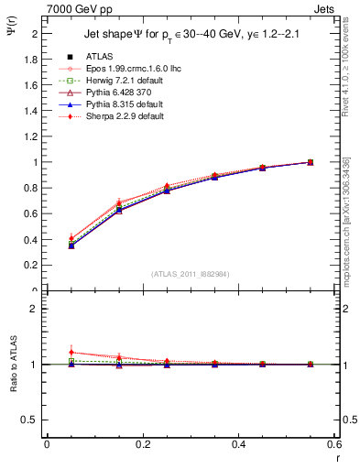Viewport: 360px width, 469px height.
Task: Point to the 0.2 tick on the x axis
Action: click(x=142, y=444)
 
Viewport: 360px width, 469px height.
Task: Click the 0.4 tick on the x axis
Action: click(x=238, y=444)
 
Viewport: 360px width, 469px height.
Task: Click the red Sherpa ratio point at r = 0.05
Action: click(x=71, y=353)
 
